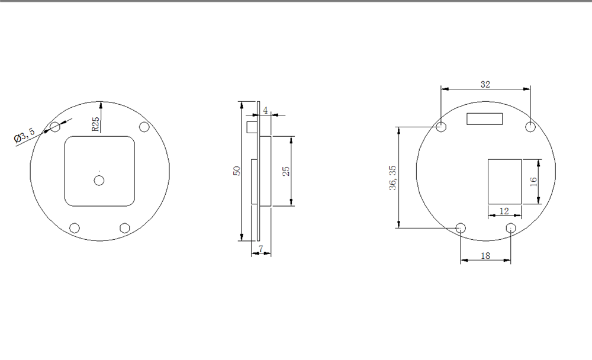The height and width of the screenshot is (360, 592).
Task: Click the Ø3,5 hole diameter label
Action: [24, 135]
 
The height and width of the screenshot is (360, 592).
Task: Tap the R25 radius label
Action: [95, 124]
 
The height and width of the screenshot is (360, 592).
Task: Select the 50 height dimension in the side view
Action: [237, 171]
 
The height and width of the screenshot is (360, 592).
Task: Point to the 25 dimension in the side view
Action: [286, 171]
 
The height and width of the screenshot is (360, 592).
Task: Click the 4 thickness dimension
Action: [265, 110]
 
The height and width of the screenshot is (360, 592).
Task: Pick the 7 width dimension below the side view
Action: [261, 249]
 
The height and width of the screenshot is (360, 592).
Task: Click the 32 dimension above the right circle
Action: [485, 84]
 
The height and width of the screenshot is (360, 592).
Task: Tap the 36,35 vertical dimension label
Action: [392, 178]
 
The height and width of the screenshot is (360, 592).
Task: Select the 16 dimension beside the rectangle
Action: [533, 181]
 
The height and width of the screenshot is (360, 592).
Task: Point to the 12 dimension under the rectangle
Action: [504, 211]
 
